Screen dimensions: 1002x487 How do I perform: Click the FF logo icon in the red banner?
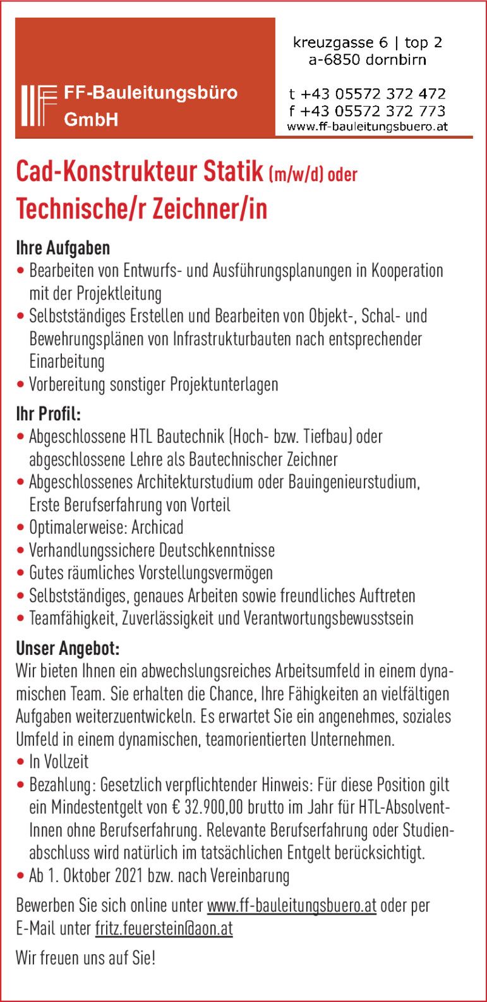[x=39, y=105]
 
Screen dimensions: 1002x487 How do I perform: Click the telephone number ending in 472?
[x=367, y=94]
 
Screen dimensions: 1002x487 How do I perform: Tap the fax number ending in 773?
[x=367, y=111]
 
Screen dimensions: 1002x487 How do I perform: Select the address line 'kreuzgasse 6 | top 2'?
[x=367, y=43]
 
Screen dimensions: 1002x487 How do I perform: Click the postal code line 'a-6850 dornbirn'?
[x=367, y=60]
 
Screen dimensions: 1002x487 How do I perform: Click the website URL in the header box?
[x=367, y=126]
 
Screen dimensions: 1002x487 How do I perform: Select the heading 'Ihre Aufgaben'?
[x=63, y=248]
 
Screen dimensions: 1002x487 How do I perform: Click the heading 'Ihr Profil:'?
[x=49, y=415]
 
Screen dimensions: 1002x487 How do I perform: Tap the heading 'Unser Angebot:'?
[x=68, y=649]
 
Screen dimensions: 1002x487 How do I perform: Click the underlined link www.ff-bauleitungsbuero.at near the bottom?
[x=292, y=906]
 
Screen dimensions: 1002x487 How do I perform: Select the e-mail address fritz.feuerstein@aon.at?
[x=164, y=929]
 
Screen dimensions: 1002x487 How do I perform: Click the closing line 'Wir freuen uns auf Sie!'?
[x=85, y=959]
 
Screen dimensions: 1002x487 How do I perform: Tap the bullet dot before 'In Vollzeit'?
[x=21, y=763]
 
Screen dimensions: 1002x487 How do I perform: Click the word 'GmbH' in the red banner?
[x=91, y=119]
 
